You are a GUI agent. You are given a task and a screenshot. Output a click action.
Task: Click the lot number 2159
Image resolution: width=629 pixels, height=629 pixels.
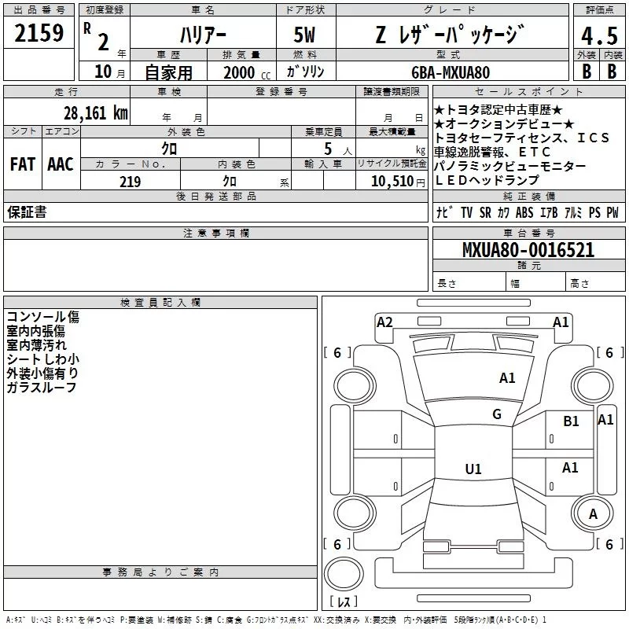tap(39, 33)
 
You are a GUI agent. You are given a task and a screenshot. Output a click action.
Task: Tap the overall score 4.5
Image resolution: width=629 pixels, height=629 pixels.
tap(599, 36)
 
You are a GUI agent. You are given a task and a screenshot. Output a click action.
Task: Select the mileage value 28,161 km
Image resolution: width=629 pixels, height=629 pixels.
tap(96, 113)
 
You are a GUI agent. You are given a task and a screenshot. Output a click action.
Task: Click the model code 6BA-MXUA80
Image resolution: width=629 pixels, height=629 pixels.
tap(451, 72)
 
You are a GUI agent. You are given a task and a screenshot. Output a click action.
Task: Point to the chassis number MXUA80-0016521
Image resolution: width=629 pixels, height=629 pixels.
tap(528, 250)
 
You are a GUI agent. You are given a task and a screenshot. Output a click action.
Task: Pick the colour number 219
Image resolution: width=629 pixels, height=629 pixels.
tap(130, 182)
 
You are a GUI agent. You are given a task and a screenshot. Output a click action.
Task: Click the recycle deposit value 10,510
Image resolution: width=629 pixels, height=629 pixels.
tap(392, 182)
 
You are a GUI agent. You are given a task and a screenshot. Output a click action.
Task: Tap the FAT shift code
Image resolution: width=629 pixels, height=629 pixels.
tap(23, 164)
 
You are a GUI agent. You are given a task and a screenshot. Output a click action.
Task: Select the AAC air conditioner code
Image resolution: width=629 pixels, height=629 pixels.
tap(61, 164)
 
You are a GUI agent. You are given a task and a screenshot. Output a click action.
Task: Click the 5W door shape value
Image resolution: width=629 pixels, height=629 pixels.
tap(304, 35)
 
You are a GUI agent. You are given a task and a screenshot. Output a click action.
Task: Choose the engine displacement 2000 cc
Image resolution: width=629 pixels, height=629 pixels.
tap(247, 72)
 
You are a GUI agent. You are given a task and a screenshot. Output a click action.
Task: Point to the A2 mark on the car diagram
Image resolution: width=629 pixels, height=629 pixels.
tap(384, 322)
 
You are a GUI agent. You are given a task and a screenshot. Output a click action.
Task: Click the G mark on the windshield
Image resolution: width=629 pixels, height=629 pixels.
tap(497, 414)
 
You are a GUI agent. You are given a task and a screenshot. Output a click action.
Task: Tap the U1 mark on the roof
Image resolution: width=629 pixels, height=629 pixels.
tap(473, 469)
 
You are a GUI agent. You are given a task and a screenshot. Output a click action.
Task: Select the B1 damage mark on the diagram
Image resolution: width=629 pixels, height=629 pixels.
tap(571, 421)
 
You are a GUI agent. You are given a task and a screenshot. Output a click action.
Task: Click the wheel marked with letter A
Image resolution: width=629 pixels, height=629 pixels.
tap(593, 513)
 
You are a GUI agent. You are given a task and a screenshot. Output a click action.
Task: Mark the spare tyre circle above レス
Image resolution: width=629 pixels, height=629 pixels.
tap(344, 573)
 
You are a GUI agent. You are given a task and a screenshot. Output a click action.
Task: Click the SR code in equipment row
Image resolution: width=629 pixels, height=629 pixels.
tap(485, 212)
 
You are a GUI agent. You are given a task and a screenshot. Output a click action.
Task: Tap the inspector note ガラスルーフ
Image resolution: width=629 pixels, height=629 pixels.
tap(42, 387)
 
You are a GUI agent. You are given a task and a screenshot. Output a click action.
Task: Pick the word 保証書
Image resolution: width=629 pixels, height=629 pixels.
tap(27, 212)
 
